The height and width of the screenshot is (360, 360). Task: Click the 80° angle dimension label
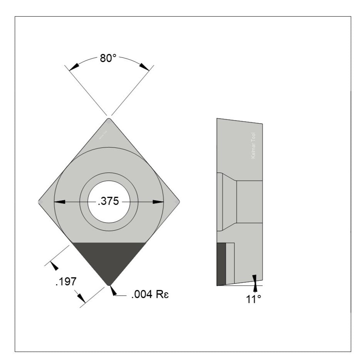(108, 59)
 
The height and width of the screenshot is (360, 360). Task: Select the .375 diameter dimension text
(108, 202)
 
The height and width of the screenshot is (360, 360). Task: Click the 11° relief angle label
(254, 299)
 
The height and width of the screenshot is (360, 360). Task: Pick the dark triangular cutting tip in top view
(109, 260)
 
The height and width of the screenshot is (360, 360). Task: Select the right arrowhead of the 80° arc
(144, 67)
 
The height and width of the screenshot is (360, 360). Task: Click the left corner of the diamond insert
(40, 201)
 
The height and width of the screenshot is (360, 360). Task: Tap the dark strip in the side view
(221, 264)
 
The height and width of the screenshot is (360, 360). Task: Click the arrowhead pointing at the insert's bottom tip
(113, 291)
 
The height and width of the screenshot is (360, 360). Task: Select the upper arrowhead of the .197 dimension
(55, 266)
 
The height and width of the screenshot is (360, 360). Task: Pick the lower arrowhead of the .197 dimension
(81, 298)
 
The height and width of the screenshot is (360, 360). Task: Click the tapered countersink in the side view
(229, 202)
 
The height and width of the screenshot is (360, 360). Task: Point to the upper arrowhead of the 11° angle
(254, 278)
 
